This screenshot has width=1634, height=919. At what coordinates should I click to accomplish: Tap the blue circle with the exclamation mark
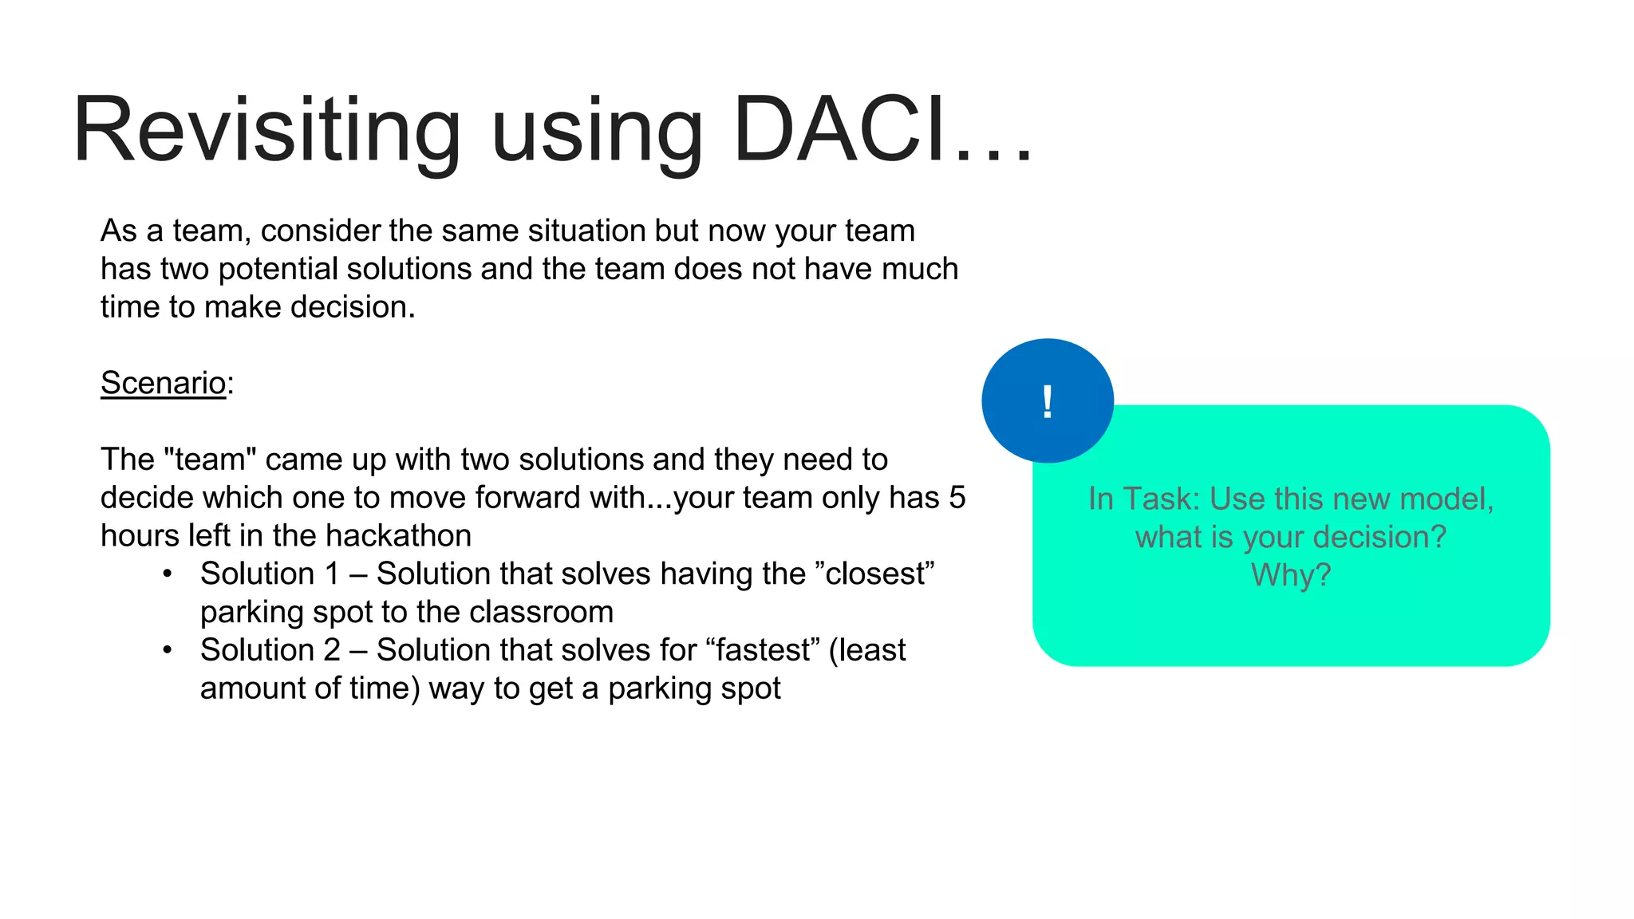[1047, 400]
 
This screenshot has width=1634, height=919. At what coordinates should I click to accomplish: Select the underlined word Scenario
[164, 383]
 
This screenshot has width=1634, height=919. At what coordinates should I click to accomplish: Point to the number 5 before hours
[957, 498]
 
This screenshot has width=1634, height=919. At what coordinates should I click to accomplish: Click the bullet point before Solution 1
[167, 574]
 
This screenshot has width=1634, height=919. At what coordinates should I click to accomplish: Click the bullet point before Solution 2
[167, 650]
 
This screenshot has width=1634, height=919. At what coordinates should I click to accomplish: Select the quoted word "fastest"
[763, 650]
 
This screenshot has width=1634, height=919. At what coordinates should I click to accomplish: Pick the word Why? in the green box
[1290, 574]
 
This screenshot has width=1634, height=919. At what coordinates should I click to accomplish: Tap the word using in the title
[597, 130]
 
